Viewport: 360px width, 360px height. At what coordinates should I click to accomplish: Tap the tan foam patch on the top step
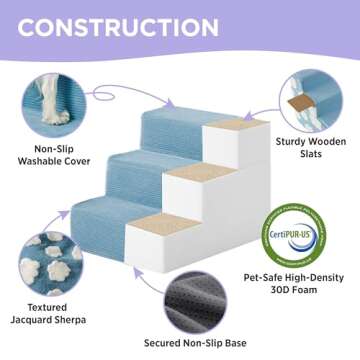tap(231, 129)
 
